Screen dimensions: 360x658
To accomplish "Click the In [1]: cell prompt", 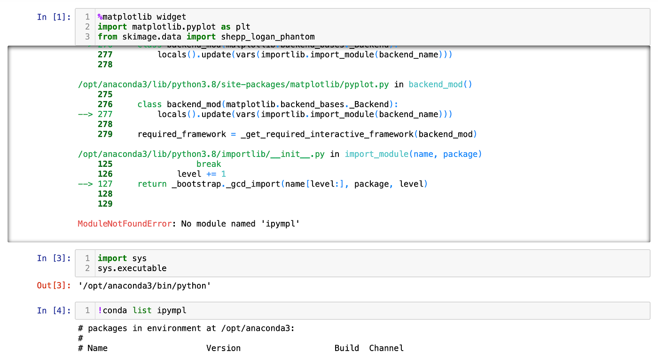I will tap(54, 17).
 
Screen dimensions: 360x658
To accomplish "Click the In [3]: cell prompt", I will tap(54, 258).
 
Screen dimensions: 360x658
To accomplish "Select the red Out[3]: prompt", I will tap(54, 285).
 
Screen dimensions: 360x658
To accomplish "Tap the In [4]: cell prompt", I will tap(54, 310).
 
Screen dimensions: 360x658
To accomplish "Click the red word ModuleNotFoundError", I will tap(125, 224).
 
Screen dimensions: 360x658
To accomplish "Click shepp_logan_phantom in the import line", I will tap(268, 37).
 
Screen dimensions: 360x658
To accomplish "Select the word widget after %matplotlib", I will tap(172, 17).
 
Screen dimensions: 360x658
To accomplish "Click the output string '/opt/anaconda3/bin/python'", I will tap(145, 285).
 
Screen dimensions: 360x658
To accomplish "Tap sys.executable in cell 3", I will tap(132, 268).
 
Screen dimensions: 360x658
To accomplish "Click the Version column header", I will tap(223, 348).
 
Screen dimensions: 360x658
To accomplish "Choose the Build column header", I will tap(347, 348).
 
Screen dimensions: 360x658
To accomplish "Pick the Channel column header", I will tap(386, 348).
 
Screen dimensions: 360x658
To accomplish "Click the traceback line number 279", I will tap(105, 134).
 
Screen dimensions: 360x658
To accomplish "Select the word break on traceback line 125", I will tap(209, 164).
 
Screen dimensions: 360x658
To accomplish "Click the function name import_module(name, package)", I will tap(413, 154).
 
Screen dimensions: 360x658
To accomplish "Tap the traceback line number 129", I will tap(105, 204).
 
